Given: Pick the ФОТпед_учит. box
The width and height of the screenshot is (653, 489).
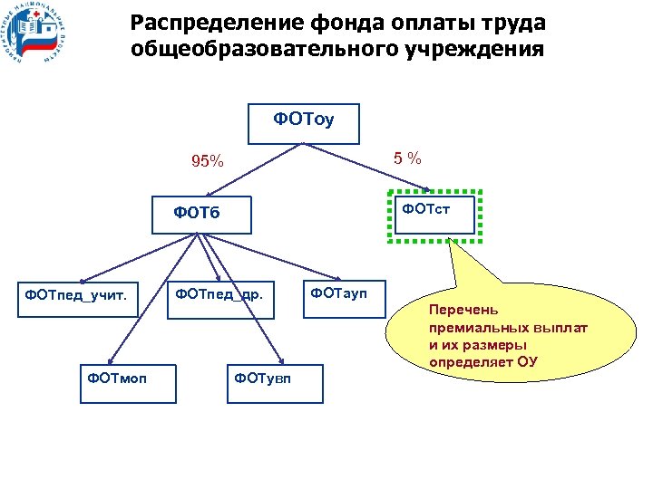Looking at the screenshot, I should click(x=81, y=294).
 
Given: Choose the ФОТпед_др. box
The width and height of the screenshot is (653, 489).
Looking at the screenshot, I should click(x=219, y=294).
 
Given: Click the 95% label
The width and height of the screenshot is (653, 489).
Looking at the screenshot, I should click(x=206, y=162).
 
